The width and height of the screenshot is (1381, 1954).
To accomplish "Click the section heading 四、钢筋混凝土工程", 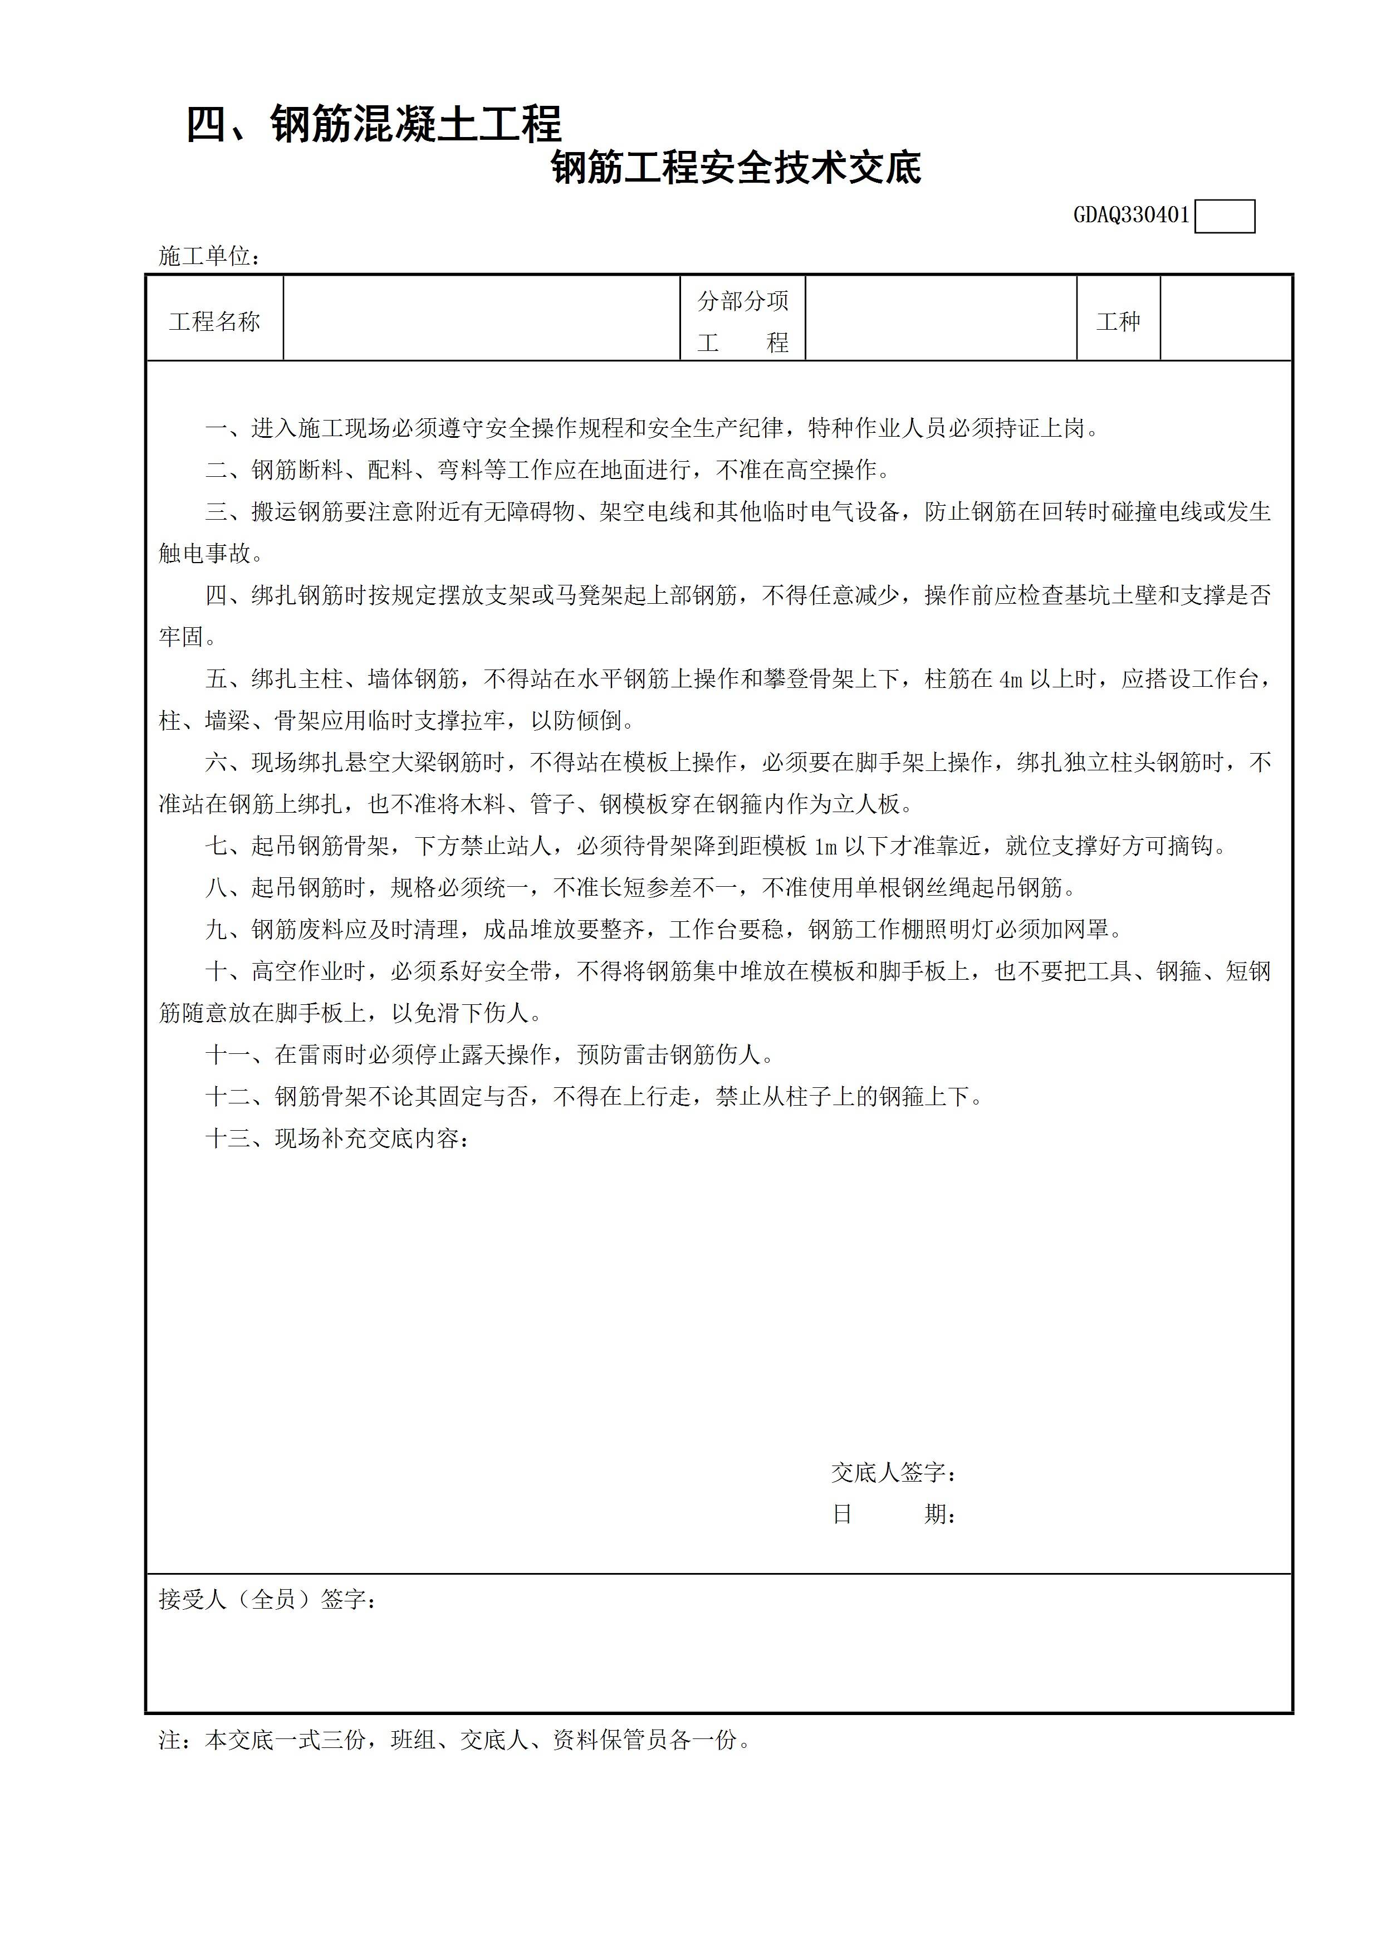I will point(374,124).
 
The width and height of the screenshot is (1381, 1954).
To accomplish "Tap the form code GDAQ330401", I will point(1131,216).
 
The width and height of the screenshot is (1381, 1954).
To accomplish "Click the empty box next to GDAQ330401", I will point(1225,216).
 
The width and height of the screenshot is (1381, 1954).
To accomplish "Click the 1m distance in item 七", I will point(825,847).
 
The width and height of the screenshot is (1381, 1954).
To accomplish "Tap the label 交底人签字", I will point(893,1472).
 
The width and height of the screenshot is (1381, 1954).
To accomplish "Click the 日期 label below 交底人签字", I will point(893,1514).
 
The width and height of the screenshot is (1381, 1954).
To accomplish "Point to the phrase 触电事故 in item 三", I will point(205,553).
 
